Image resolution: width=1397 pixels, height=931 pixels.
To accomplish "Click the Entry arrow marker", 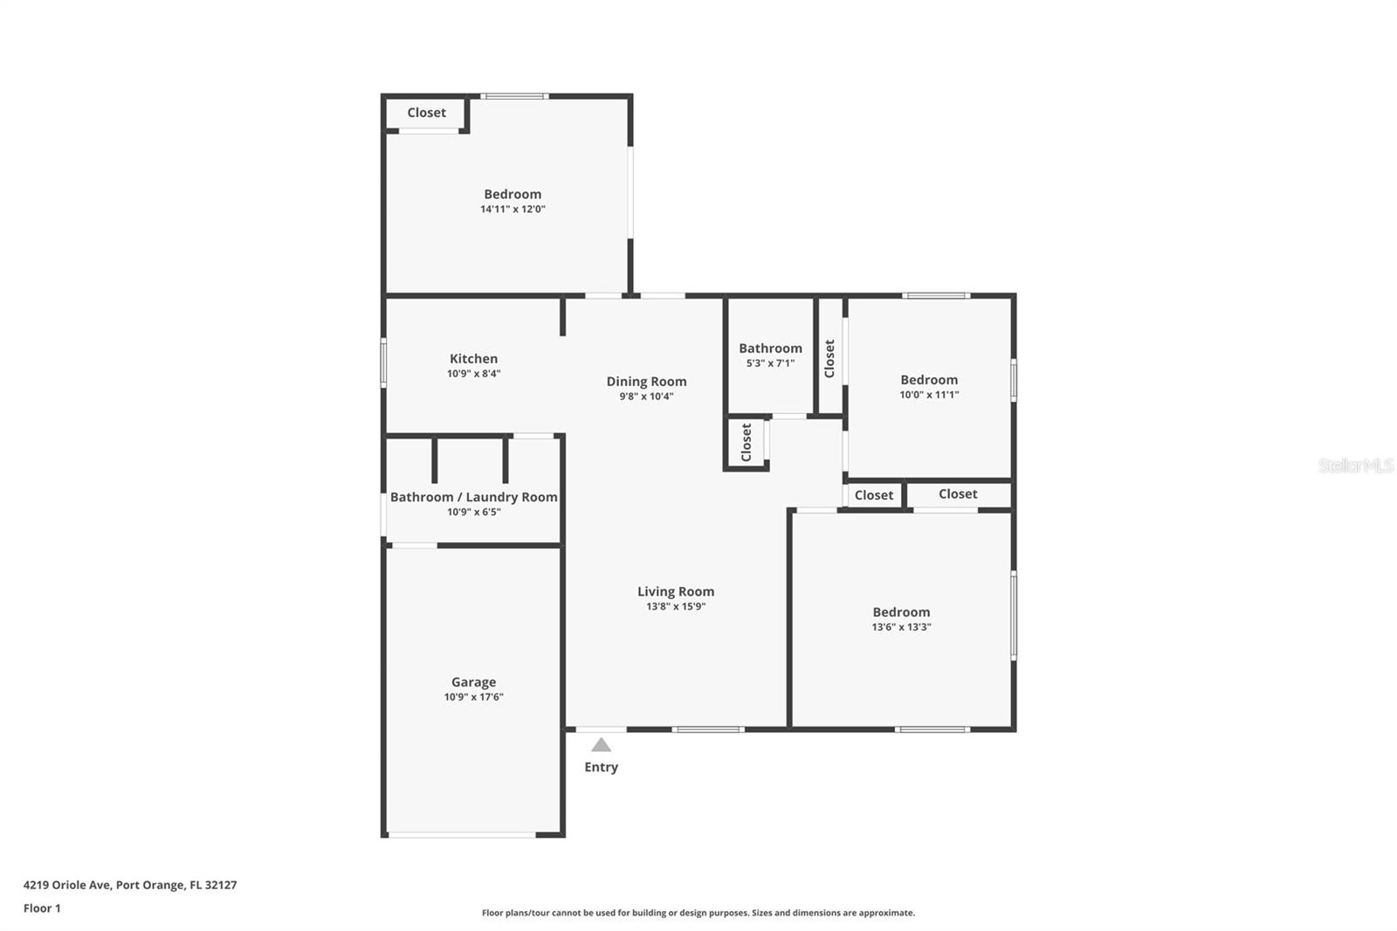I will pos(601,745).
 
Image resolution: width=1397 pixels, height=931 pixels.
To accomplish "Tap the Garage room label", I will pos(473,682).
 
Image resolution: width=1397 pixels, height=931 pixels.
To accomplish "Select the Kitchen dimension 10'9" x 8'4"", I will pos(473,374).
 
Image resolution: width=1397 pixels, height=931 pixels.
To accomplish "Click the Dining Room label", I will pos(646,381).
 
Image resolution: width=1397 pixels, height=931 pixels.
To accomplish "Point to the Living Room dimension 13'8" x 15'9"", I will pos(675,606).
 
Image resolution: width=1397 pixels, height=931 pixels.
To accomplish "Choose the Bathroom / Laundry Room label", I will pos(473,497).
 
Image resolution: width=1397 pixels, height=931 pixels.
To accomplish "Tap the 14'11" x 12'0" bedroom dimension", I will pos(513,210).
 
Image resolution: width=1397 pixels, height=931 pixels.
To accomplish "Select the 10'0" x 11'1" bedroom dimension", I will pos(929,395).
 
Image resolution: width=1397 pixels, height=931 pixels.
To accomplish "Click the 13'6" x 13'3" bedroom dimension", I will pos(901,627).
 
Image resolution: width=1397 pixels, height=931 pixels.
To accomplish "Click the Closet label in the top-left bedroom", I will pos(426,113).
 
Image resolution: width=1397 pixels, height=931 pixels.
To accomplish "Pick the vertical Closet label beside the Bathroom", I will pos(829,358).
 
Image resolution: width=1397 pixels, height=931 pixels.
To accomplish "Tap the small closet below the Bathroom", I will pos(747,443).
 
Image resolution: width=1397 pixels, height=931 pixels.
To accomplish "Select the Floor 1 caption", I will pos(42,908).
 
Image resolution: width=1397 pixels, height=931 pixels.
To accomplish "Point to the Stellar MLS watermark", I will pos(1355,465).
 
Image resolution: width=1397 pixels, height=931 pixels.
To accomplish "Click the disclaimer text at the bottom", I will pos(698,913).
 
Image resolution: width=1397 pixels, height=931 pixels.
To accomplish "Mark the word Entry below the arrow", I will pos(601,767).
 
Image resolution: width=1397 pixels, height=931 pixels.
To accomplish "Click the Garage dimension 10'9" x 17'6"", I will pos(473,697).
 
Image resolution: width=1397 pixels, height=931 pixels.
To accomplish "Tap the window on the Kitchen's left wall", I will pos(383,363).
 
